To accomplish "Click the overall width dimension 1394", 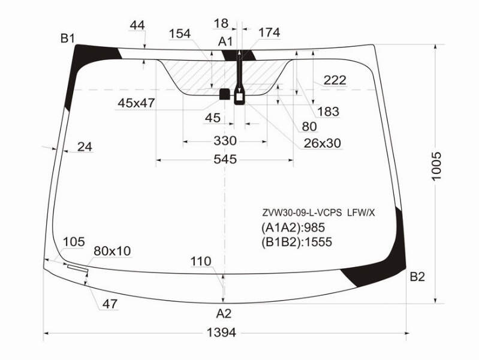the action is (221, 332).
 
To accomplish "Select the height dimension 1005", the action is (437, 166).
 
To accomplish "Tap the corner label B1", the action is (68, 38).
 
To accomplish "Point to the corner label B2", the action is (417, 277).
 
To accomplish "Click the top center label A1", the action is (225, 41).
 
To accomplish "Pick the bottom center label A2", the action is (224, 314).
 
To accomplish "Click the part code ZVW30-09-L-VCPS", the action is (302, 213).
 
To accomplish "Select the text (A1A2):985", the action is (293, 227).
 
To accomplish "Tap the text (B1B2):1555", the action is (297, 242).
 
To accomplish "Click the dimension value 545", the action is (225, 159).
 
